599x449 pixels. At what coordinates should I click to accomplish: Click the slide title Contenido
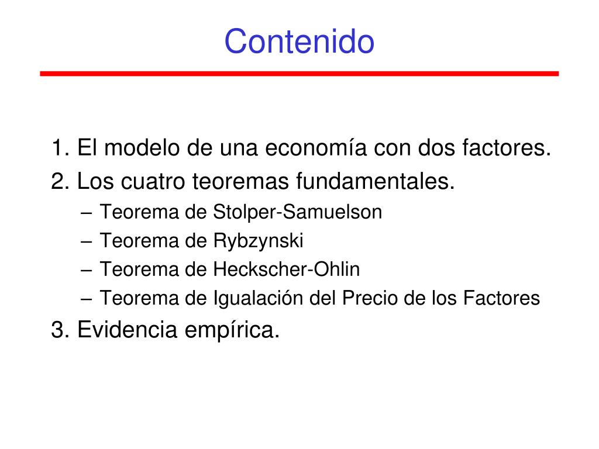point(299,42)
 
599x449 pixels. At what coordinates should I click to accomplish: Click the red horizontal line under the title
point(299,74)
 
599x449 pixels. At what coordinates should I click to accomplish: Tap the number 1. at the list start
point(60,148)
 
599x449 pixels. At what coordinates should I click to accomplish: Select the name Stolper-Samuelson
point(297,212)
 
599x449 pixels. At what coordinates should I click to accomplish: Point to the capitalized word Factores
point(501,299)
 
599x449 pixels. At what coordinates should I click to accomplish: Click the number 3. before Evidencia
point(60,330)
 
